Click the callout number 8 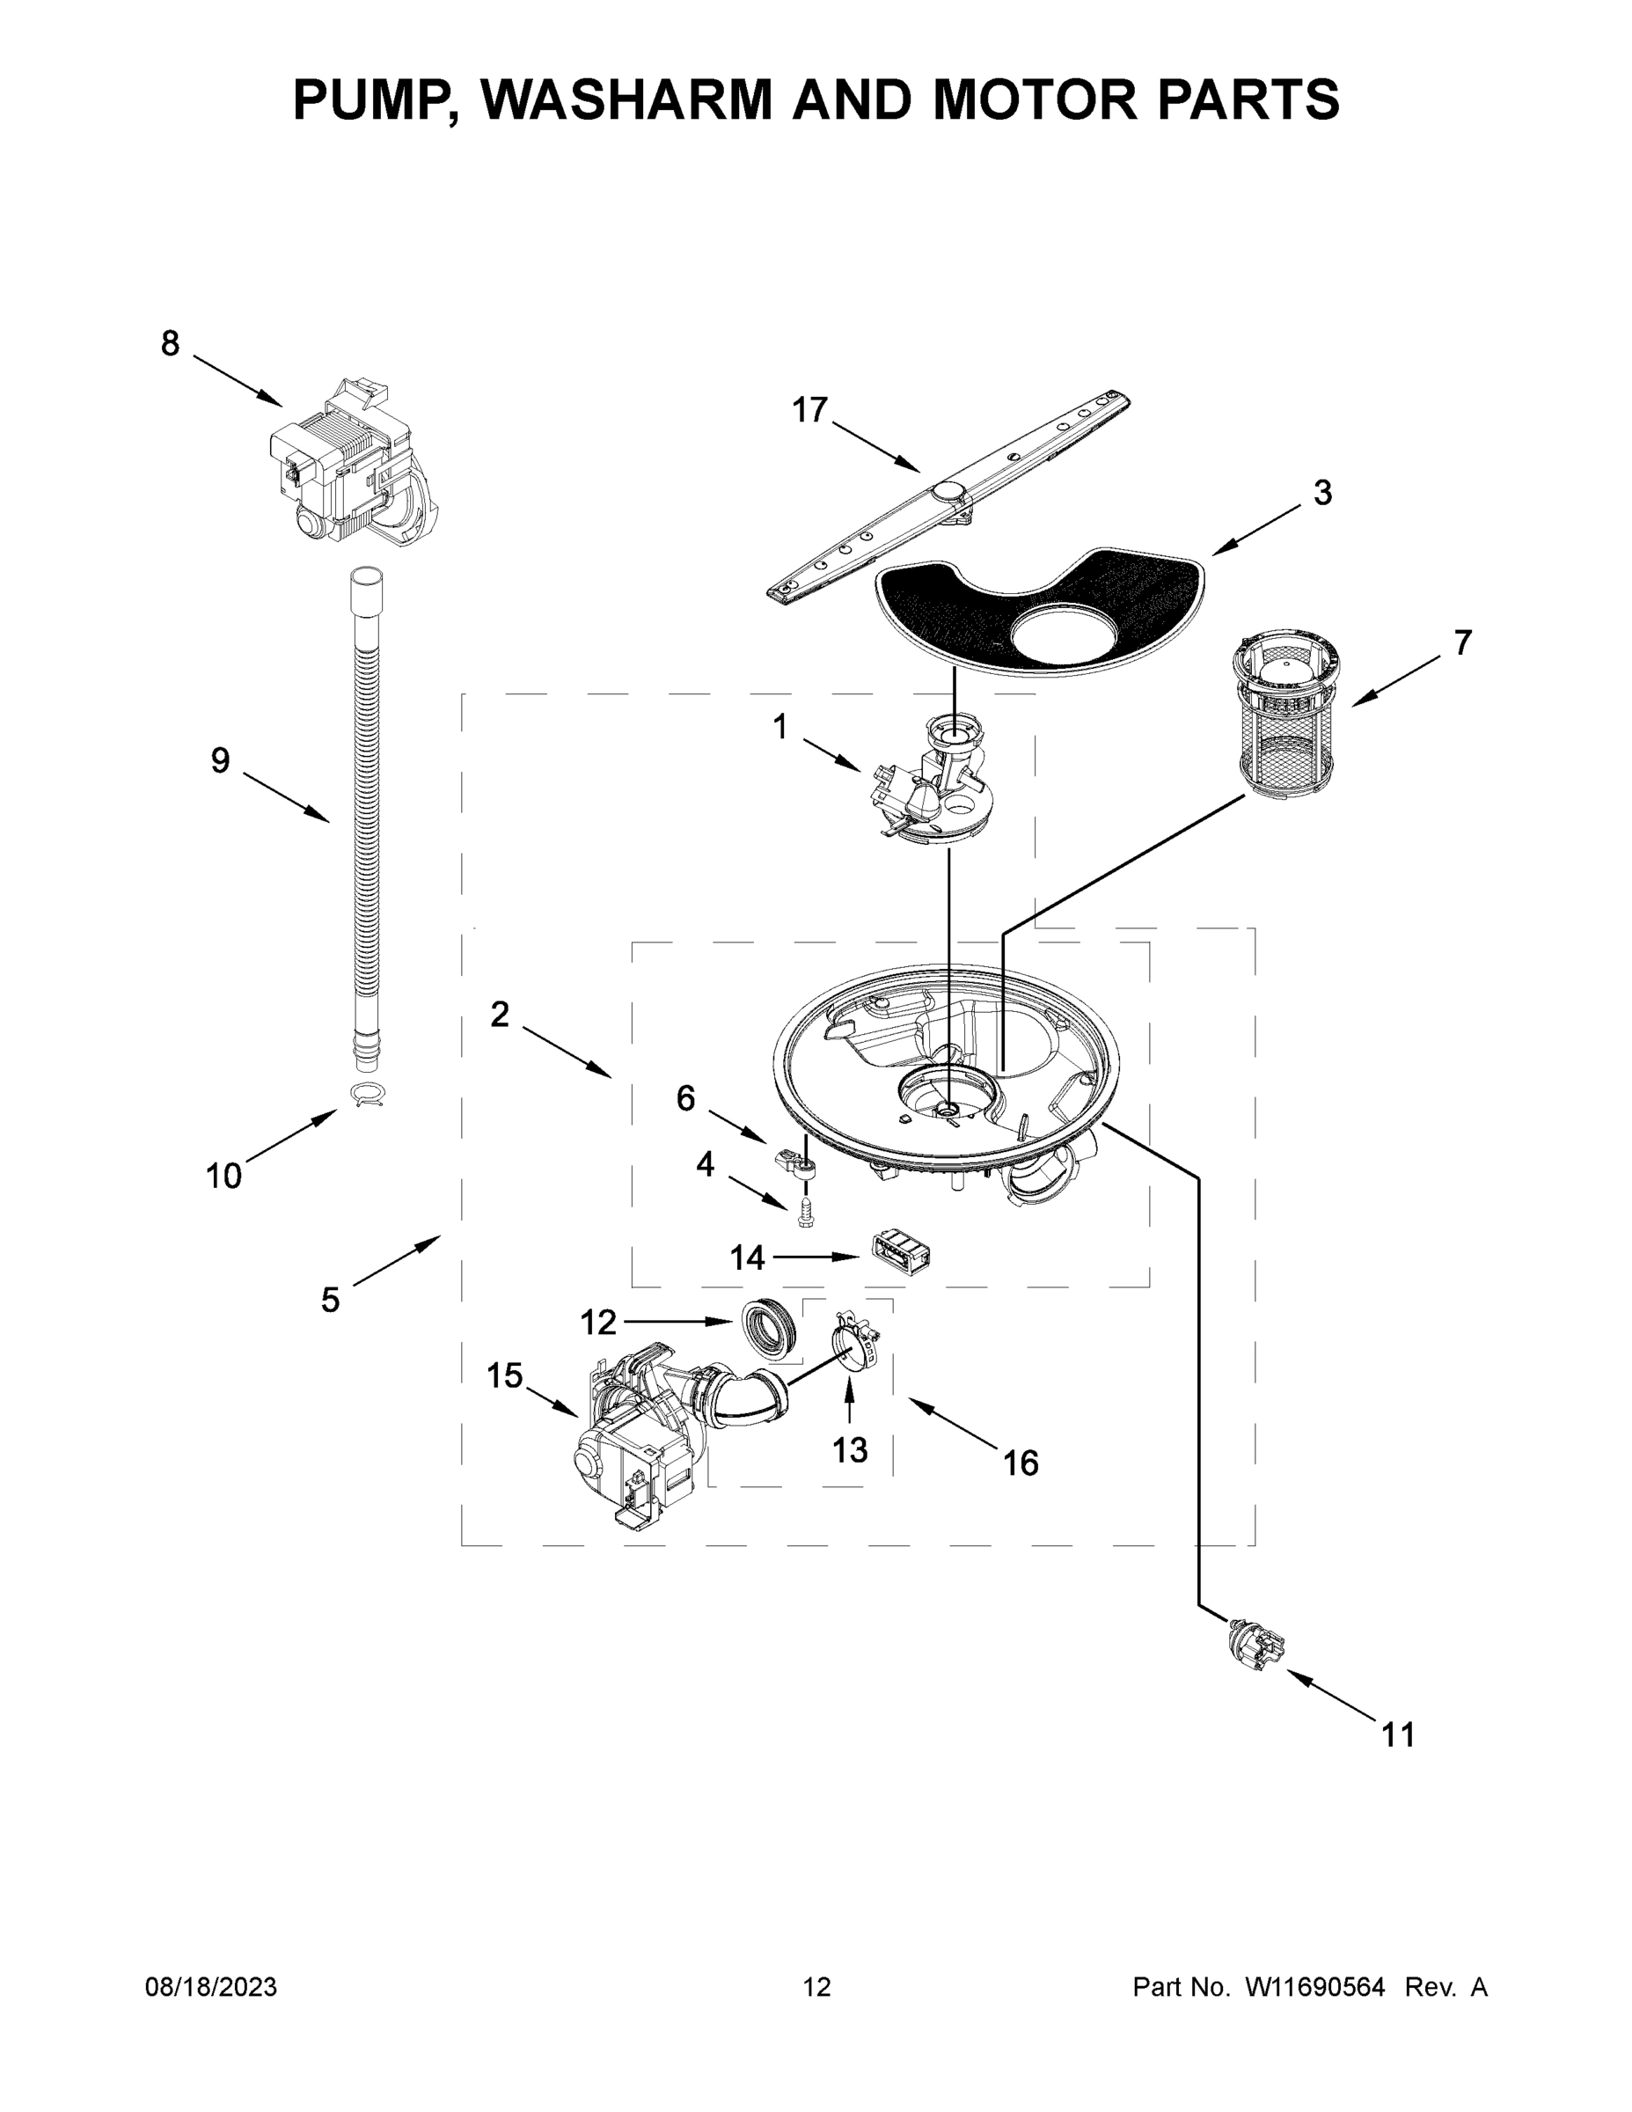click(x=170, y=343)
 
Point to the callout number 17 click(x=809, y=410)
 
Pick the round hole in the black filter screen click(x=1062, y=637)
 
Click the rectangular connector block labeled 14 click(x=900, y=1254)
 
